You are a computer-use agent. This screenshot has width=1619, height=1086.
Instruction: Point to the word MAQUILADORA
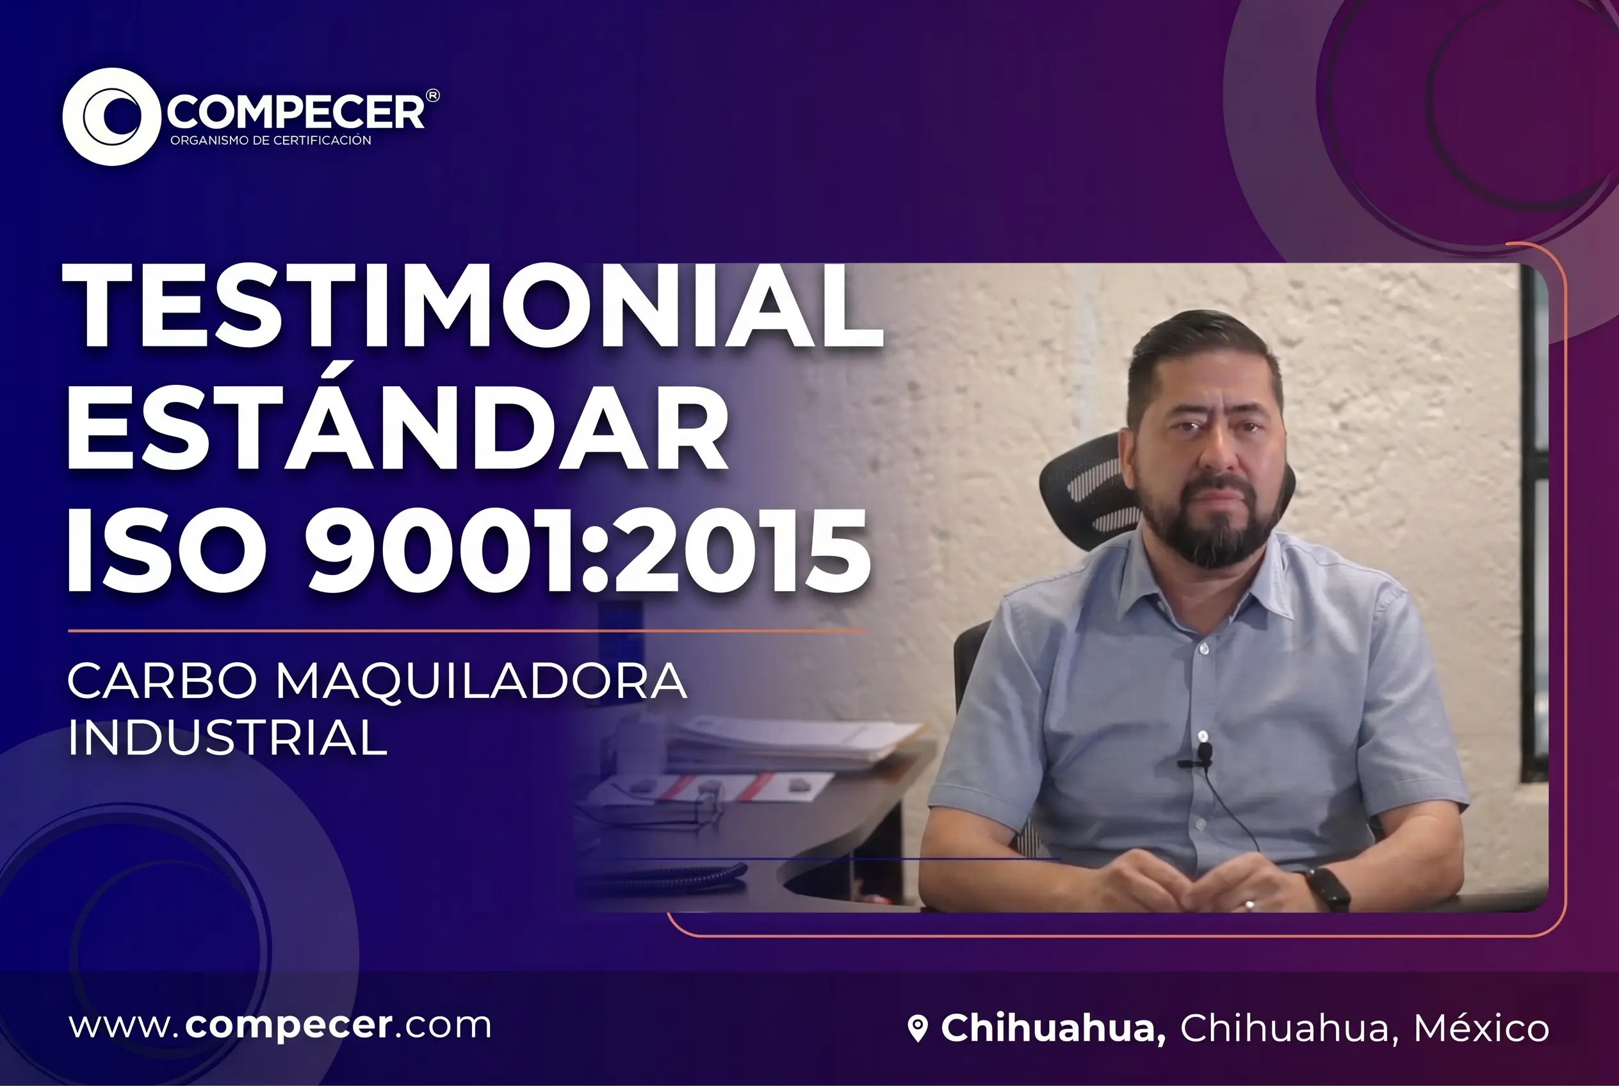481,681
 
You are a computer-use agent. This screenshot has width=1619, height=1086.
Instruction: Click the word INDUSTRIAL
227,738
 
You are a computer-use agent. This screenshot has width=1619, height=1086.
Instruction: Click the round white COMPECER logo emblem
111,117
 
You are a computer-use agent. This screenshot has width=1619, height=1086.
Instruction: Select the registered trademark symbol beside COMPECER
432,95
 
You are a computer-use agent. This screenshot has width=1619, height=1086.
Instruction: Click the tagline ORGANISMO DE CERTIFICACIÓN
271,141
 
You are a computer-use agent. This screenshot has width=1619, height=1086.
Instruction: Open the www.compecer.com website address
280,1025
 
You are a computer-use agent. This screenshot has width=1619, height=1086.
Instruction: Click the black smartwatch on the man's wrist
1328,888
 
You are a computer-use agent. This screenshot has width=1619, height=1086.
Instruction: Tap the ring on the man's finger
1249,904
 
